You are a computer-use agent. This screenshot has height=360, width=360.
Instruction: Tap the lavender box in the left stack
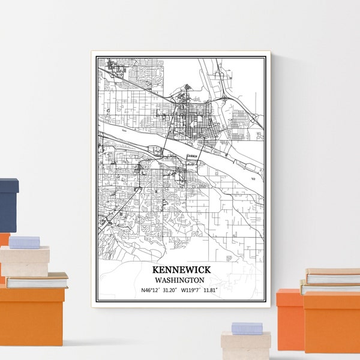pyautogui.click(x=24, y=242)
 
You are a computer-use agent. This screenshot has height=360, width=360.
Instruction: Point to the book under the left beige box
pyautogui.click(x=36, y=280)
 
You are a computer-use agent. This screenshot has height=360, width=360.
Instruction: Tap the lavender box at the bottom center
pyautogui.click(x=247, y=328)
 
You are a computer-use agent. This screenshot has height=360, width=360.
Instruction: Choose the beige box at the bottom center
pyautogui.click(x=245, y=347)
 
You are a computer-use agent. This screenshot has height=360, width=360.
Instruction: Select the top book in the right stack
pyautogui.click(x=332, y=277)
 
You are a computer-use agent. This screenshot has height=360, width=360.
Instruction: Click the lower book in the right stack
pyautogui.click(x=330, y=289)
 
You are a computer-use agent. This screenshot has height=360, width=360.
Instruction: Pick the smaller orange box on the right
pyautogui.click(x=289, y=318)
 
